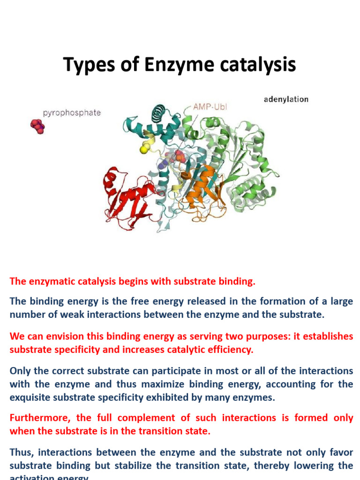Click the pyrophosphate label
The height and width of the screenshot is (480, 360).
[x=72, y=113]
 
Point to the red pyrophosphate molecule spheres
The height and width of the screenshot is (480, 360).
[x=37, y=126]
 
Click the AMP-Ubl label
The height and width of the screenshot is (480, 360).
[x=210, y=106]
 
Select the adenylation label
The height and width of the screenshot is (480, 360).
[x=286, y=99]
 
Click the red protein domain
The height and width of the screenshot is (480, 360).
[x=127, y=197]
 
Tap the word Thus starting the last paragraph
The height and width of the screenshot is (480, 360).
[x=21, y=452]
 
